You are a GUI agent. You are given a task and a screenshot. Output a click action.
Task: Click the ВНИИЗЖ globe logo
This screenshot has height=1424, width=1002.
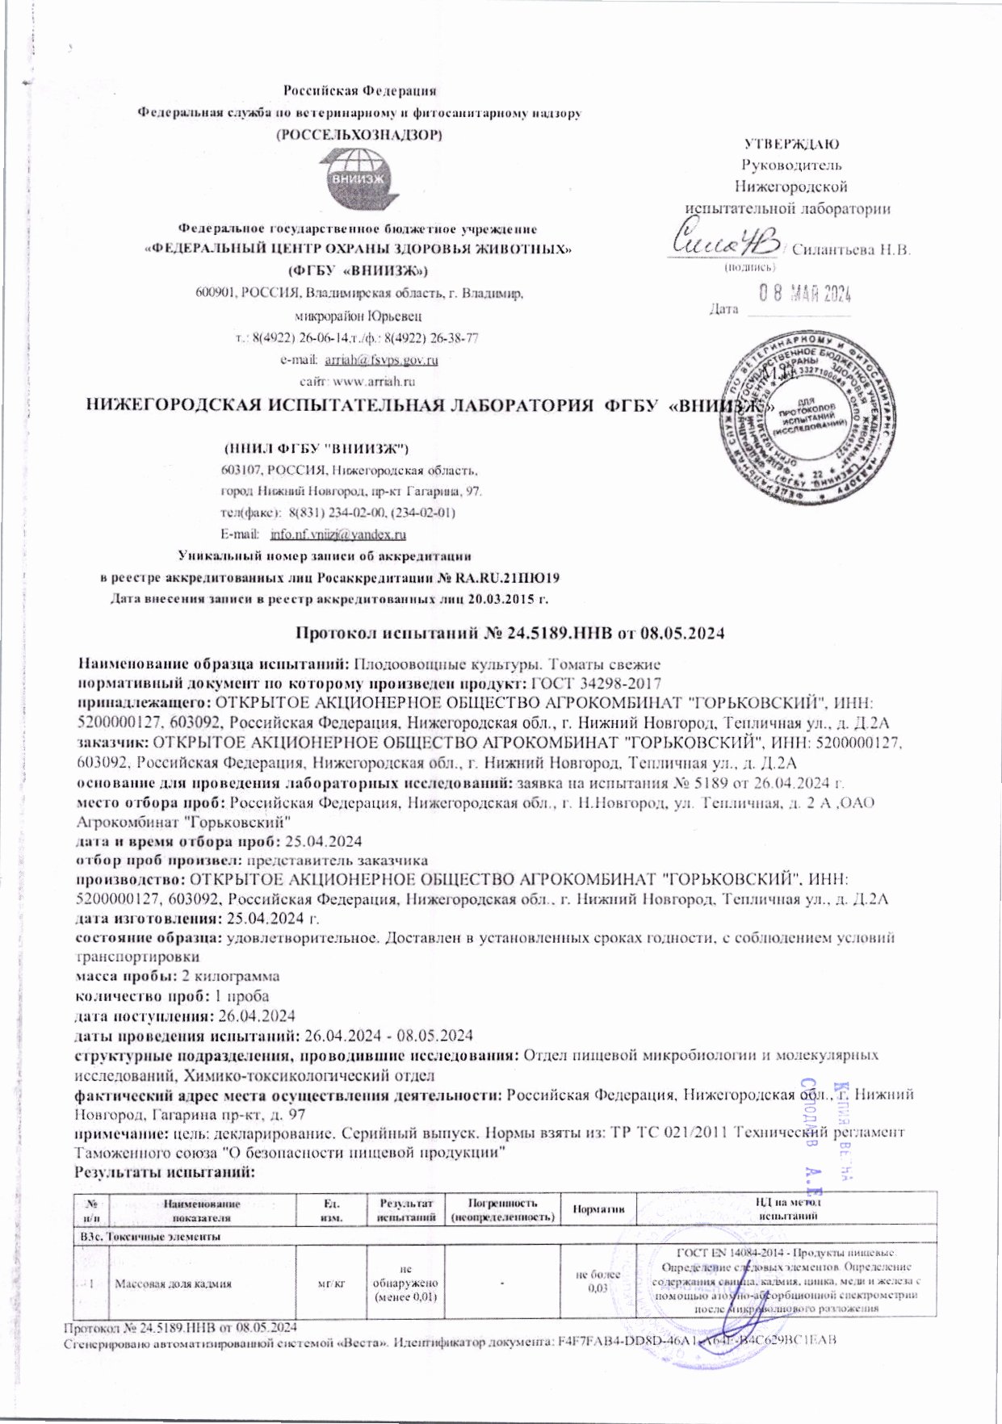[x=360, y=179]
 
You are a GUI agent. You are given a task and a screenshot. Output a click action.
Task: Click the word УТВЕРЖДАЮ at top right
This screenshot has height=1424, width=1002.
[x=791, y=144]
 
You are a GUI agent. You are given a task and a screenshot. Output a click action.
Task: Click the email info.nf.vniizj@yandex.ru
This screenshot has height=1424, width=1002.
[x=338, y=534]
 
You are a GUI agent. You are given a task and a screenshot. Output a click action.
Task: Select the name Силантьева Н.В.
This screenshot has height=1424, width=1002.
[x=852, y=249]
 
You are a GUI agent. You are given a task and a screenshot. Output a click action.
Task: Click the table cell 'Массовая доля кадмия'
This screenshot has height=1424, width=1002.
[x=173, y=1281]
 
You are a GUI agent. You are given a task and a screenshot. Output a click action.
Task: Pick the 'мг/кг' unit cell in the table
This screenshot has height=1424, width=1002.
[x=331, y=1281]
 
